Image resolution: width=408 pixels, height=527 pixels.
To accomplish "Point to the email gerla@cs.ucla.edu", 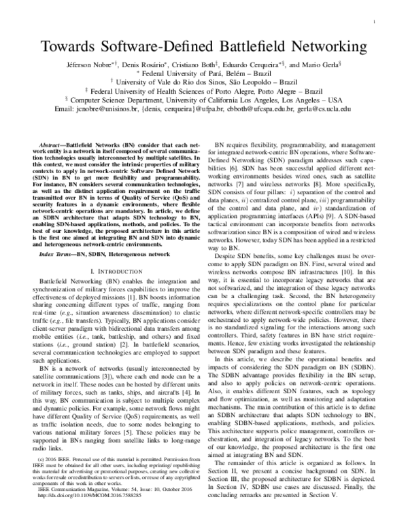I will [x=322, y=108].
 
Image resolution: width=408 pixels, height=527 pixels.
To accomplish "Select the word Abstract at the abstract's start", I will [x=57, y=145].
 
